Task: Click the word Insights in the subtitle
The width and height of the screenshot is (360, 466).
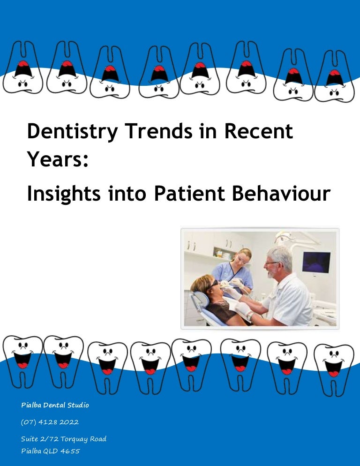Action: click(64, 195)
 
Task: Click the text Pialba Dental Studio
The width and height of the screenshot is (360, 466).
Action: click(55, 405)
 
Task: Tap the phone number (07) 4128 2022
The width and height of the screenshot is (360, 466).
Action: click(50, 422)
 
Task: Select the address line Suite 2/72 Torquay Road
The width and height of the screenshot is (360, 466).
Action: click(64, 439)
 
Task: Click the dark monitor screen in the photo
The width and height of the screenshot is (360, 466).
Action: click(316, 262)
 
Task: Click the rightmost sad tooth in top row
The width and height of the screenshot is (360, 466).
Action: click(334, 78)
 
